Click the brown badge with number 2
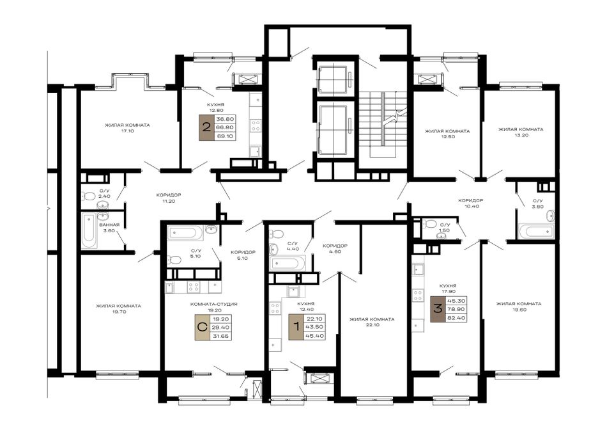pos(206,127)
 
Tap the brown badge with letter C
pos(202,328)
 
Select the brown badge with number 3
pos(438,309)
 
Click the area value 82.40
pos(456,318)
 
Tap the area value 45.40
pos(314,336)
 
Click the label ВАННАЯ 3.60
pos(109,228)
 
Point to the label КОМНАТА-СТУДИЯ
pos(213,305)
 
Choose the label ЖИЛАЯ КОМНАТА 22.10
pos(372,322)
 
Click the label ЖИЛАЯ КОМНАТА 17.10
pos(127,128)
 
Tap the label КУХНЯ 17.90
pos(449,289)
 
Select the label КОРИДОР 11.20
pos(169,198)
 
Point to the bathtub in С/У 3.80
pos(536,231)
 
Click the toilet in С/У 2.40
pos(89,196)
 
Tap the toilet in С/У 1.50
pos(430,224)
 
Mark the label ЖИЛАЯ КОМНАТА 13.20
pos(520,132)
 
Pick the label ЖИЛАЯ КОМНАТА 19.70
pos(118,308)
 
